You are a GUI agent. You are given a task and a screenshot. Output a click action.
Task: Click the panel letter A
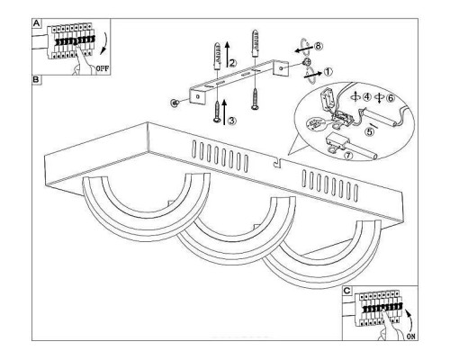point(36,23)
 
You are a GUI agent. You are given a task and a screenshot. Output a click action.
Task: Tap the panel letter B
point(36,80)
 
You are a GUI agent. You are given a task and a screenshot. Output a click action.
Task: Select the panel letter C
point(346,291)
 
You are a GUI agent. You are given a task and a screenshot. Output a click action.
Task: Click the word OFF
point(103,68)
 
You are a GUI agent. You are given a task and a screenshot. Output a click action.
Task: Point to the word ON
point(411,337)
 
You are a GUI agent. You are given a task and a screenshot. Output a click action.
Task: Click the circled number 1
point(328,72)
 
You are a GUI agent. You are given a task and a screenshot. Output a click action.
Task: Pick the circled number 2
point(233,63)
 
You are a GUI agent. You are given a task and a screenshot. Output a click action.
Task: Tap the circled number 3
point(232,121)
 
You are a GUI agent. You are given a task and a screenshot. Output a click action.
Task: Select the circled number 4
point(366,97)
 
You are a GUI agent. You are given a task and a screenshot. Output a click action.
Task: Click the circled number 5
point(370,131)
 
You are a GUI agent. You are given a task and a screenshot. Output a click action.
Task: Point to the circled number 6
point(391,98)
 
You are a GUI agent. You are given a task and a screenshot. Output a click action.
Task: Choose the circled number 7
point(348,156)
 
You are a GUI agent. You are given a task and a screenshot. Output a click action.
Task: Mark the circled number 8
point(319,46)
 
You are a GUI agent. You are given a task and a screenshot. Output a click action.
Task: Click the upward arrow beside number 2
point(227,53)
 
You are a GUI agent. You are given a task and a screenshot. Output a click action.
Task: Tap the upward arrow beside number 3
point(224,112)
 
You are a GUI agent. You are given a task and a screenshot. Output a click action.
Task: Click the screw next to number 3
point(217,112)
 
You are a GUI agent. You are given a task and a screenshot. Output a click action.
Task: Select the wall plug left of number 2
point(217,56)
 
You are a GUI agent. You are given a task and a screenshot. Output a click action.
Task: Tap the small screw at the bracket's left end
point(175,103)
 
